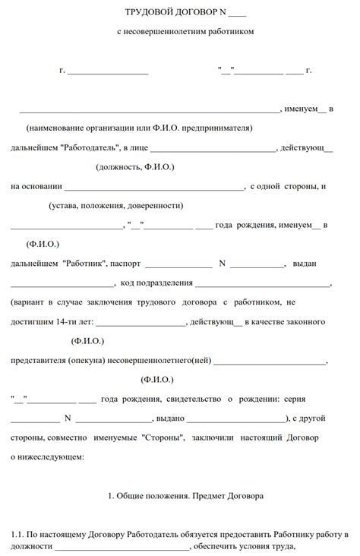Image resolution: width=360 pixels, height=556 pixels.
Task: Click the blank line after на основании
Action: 154,187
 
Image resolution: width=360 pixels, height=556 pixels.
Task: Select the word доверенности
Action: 159,205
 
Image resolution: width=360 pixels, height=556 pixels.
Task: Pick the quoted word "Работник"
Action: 84,264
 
